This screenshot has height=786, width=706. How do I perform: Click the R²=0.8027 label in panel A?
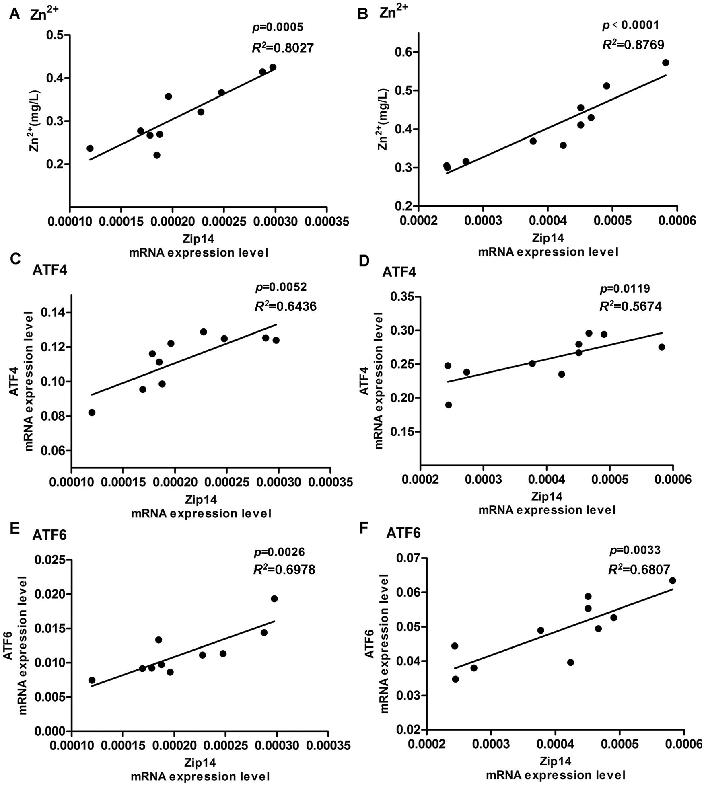click(x=282, y=48)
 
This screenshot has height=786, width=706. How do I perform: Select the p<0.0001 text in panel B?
click(x=630, y=25)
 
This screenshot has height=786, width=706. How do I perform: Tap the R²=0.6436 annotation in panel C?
click(x=286, y=306)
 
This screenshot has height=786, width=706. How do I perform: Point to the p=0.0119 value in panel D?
click(x=625, y=288)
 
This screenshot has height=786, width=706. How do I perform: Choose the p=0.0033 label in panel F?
click(x=635, y=550)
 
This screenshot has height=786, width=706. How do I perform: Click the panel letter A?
click(x=14, y=14)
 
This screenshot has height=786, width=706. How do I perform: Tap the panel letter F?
click(x=364, y=528)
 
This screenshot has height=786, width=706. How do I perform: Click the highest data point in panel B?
click(x=665, y=63)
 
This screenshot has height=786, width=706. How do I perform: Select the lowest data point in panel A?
click(x=157, y=155)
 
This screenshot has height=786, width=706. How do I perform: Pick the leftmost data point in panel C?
click(x=92, y=412)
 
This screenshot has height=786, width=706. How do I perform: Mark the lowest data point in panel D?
click(x=449, y=405)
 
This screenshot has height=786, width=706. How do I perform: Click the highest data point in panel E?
click(x=274, y=599)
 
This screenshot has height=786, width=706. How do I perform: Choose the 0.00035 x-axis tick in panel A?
click(x=326, y=222)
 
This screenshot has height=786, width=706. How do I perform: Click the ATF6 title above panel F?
click(x=403, y=534)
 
